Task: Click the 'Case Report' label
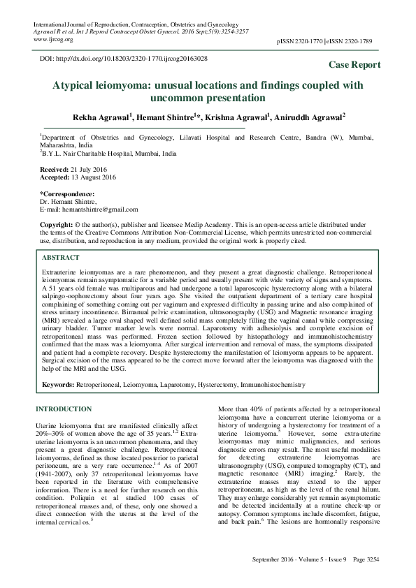[354, 65]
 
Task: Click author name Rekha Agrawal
[104, 118]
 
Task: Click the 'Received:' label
[55, 170]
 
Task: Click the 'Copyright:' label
[57, 225]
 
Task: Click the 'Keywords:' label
[59, 384]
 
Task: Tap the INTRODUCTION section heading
[63, 409]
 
